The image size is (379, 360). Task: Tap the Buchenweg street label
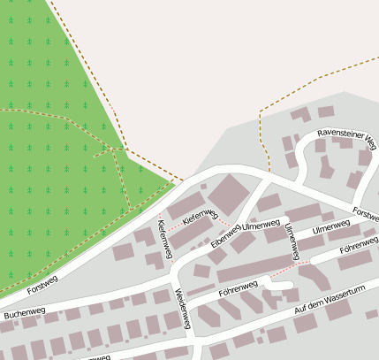24,312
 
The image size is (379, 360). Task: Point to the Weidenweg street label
183,309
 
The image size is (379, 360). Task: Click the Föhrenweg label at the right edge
359,242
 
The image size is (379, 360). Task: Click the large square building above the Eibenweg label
228,195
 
